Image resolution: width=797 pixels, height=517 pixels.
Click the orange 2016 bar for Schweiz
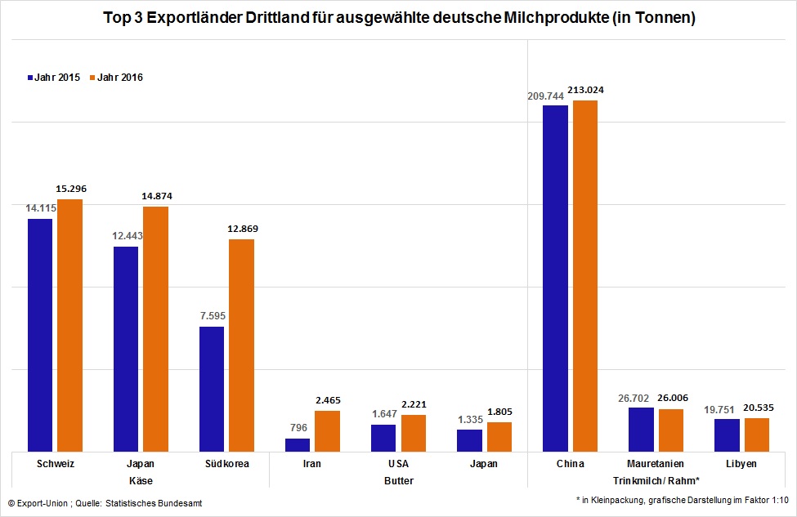[x=69, y=325]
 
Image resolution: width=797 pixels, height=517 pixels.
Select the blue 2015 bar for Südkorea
[x=212, y=389]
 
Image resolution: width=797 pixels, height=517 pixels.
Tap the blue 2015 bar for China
[x=555, y=278]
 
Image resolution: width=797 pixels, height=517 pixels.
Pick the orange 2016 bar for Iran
[x=327, y=430]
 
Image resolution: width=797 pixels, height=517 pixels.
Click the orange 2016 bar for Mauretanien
[x=670, y=430]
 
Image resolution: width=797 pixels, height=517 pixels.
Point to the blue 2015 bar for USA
[x=383, y=438]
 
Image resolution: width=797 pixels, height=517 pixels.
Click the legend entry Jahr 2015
[x=52, y=78]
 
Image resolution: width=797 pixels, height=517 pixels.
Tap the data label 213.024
[x=585, y=90]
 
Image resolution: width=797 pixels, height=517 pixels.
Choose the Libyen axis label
[x=741, y=464]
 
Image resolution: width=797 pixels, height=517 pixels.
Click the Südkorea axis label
[x=226, y=464]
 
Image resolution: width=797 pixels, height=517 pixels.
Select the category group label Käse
[x=141, y=481]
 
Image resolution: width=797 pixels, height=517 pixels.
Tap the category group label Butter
[x=398, y=481]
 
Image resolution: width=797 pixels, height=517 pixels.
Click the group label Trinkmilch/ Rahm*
[x=656, y=481]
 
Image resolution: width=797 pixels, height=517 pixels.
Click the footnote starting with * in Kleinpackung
[x=683, y=498]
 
